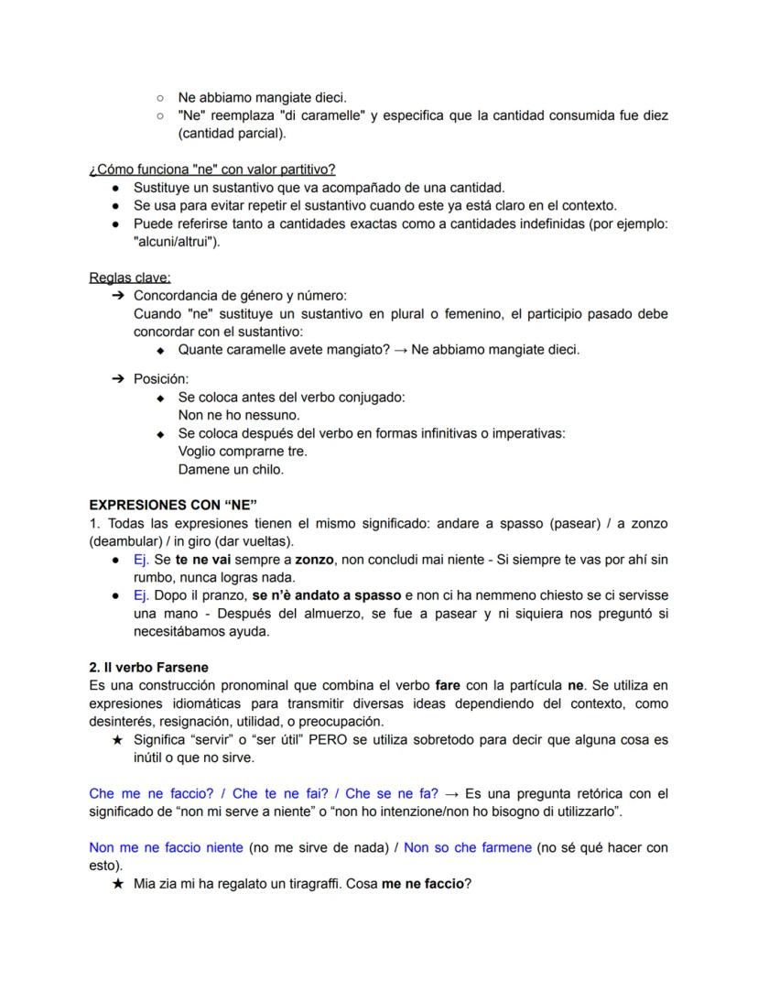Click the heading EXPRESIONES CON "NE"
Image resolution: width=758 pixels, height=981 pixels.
[x=173, y=505]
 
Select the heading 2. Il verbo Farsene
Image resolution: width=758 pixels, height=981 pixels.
[x=149, y=667]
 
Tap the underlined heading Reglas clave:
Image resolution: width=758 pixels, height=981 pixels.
[x=130, y=278]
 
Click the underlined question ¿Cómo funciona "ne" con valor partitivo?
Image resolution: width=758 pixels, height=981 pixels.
[x=212, y=169]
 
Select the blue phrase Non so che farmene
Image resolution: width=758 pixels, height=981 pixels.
[x=468, y=847]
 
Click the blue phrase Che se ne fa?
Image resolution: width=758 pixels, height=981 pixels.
[x=392, y=793]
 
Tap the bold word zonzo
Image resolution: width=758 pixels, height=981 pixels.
[x=316, y=559]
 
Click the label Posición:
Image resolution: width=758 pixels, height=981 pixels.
[x=160, y=378]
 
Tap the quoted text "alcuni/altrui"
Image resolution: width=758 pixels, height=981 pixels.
[x=177, y=242]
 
